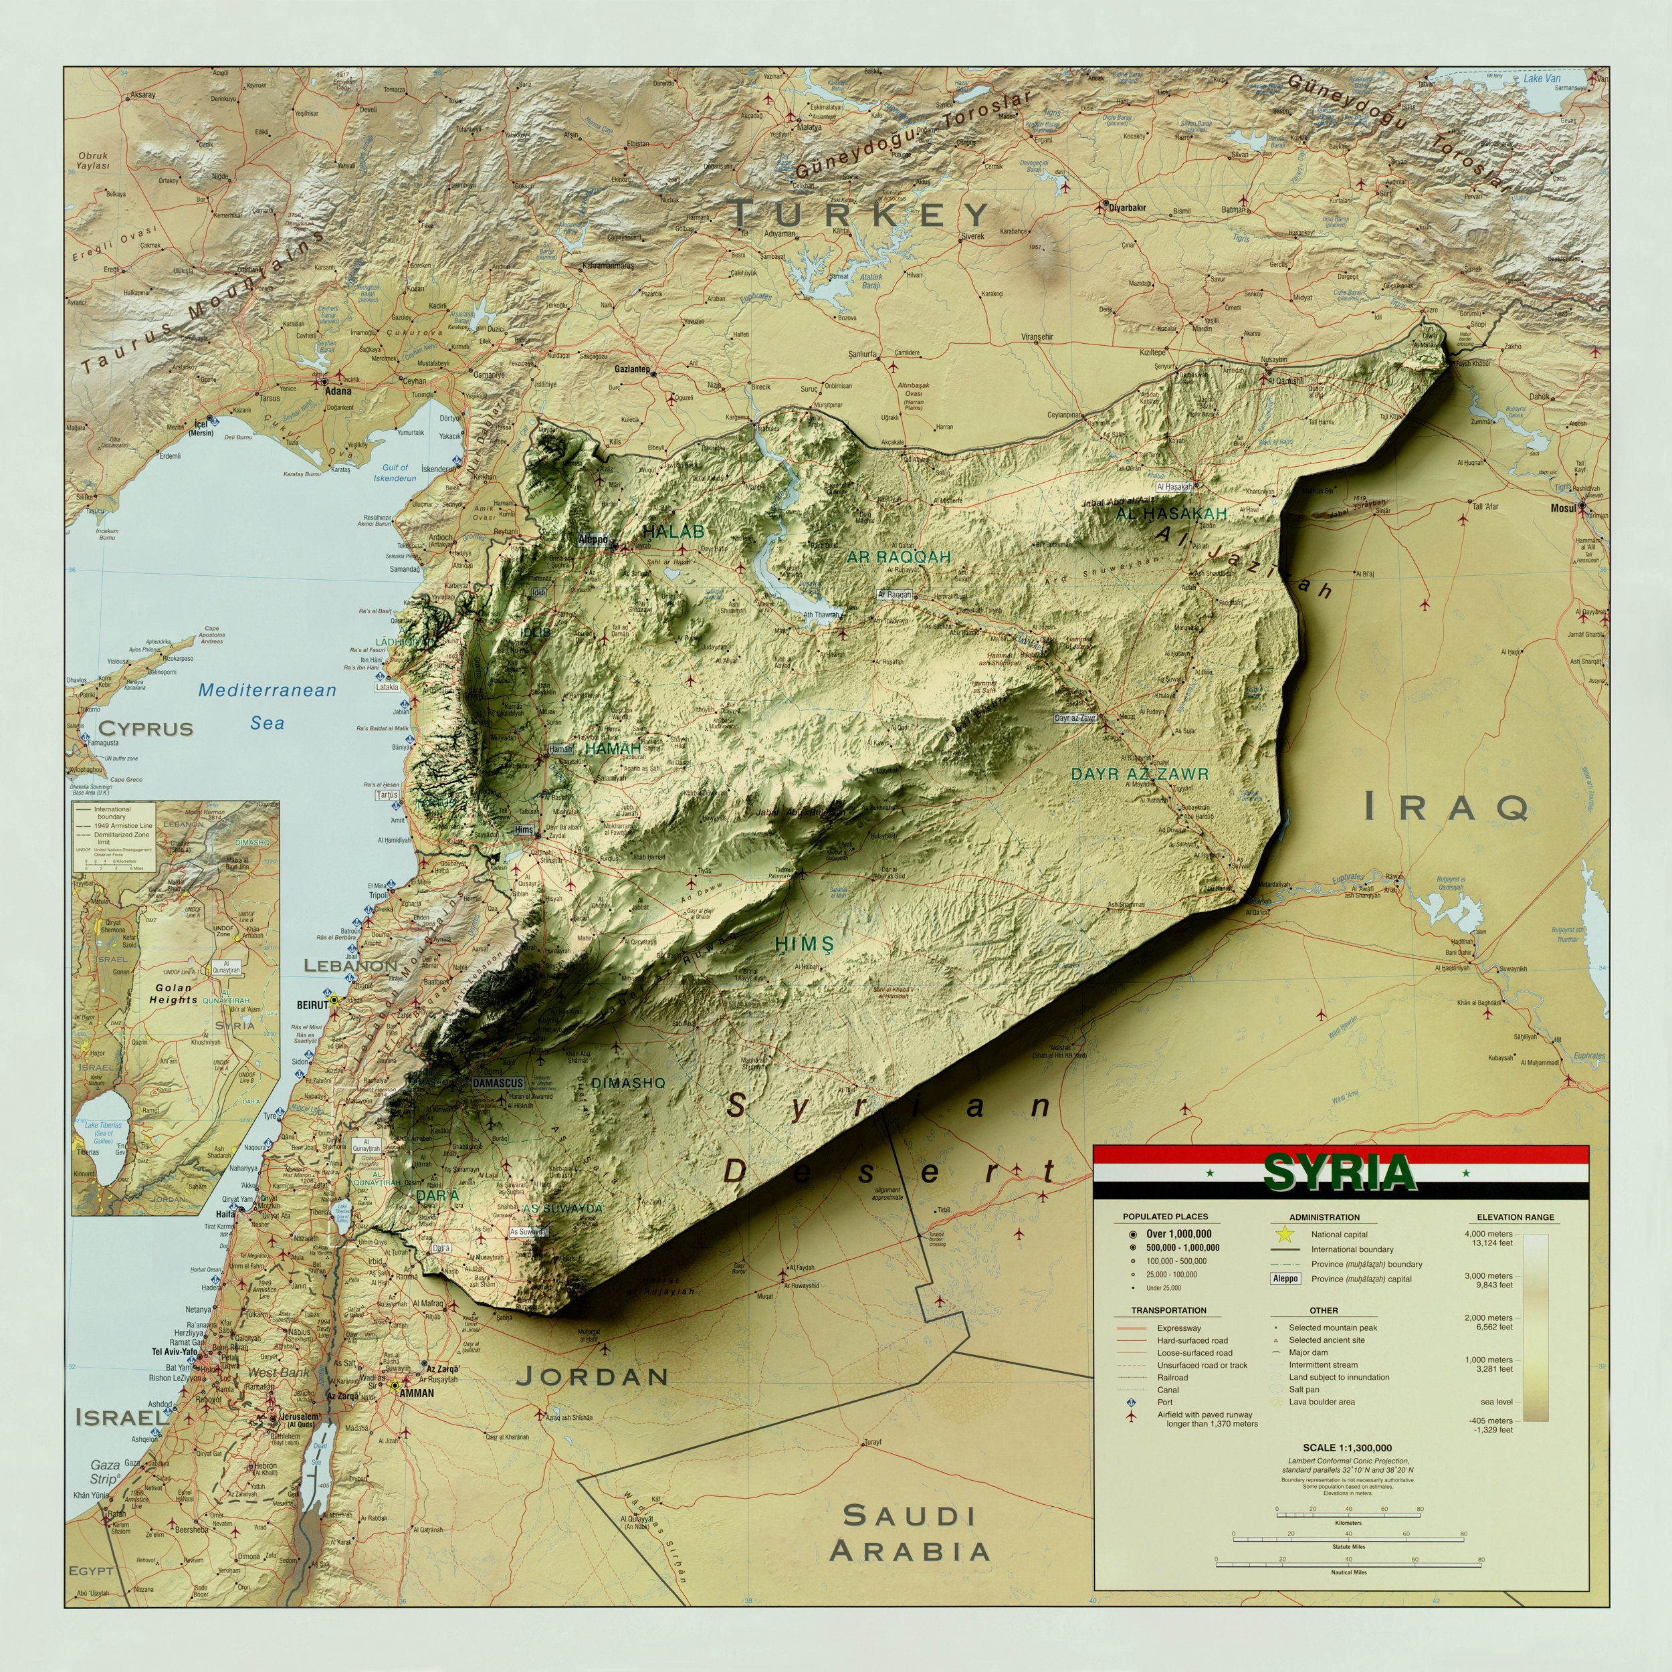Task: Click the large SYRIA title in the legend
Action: click(1339, 1174)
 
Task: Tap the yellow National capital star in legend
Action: click(1284, 1234)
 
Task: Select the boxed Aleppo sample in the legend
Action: click(1285, 1278)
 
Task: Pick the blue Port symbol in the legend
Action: click(1130, 1402)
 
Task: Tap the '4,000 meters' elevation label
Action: click(1489, 1233)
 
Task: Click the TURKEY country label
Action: click(860, 214)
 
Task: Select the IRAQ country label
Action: click(1447, 807)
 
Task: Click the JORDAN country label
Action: click(593, 1376)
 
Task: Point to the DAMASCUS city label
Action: click(498, 1083)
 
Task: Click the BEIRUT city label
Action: click(312, 1005)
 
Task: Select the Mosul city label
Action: click(1563, 508)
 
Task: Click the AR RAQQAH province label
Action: click(898, 557)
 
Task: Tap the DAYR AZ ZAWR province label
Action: click(1139, 774)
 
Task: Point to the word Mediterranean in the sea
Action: click(267, 690)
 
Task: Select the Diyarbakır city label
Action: click(1128, 208)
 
